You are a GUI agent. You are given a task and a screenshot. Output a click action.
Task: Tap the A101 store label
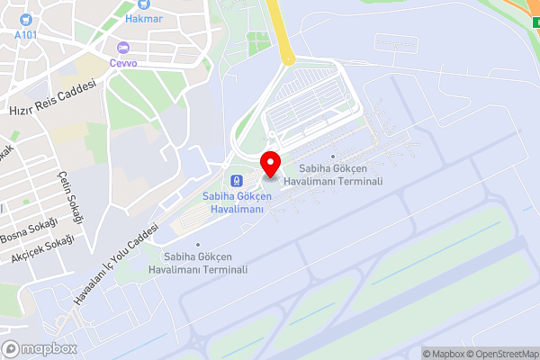click(28, 34)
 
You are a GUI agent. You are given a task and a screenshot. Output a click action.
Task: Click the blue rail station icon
click(237, 180)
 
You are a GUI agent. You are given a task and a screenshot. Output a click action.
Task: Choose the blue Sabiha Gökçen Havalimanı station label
click(233, 202)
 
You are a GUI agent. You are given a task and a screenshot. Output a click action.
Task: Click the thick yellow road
click(281, 36)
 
